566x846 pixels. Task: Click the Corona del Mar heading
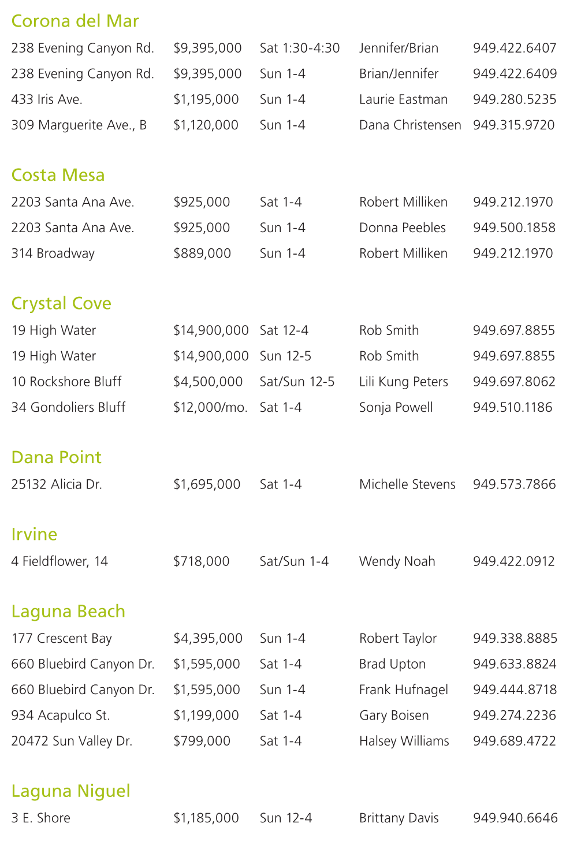click(x=75, y=21)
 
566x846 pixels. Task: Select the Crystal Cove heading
click(x=61, y=304)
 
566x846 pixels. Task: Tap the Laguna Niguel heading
click(x=70, y=791)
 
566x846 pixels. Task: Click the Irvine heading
click(x=34, y=535)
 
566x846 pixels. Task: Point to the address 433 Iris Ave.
click(x=47, y=100)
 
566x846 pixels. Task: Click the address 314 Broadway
click(x=53, y=254)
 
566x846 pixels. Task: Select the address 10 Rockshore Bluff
click(x=66, y=382)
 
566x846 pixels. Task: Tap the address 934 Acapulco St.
click(x=61, y=715)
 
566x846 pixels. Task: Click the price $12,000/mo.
click(x=210, y=408)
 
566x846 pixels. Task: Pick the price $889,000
click(x=202, y=254)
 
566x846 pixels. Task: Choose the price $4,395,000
click(x=208, y=639)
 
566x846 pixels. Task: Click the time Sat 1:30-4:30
click(x=300, y=49)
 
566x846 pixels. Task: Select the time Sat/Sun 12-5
click(x=297, y=382)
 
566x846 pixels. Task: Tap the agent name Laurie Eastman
click(x=403, y=100)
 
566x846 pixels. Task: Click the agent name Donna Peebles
click(x=403, y=228)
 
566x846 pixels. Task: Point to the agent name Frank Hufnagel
click(x=404, y=690)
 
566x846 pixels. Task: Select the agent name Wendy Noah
click(x=397, y=561)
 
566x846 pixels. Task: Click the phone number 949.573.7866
click(x=514, y=485)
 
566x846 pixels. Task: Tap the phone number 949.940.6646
click(x=515, y=818)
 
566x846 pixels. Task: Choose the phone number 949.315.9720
click(x=513, y=125)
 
